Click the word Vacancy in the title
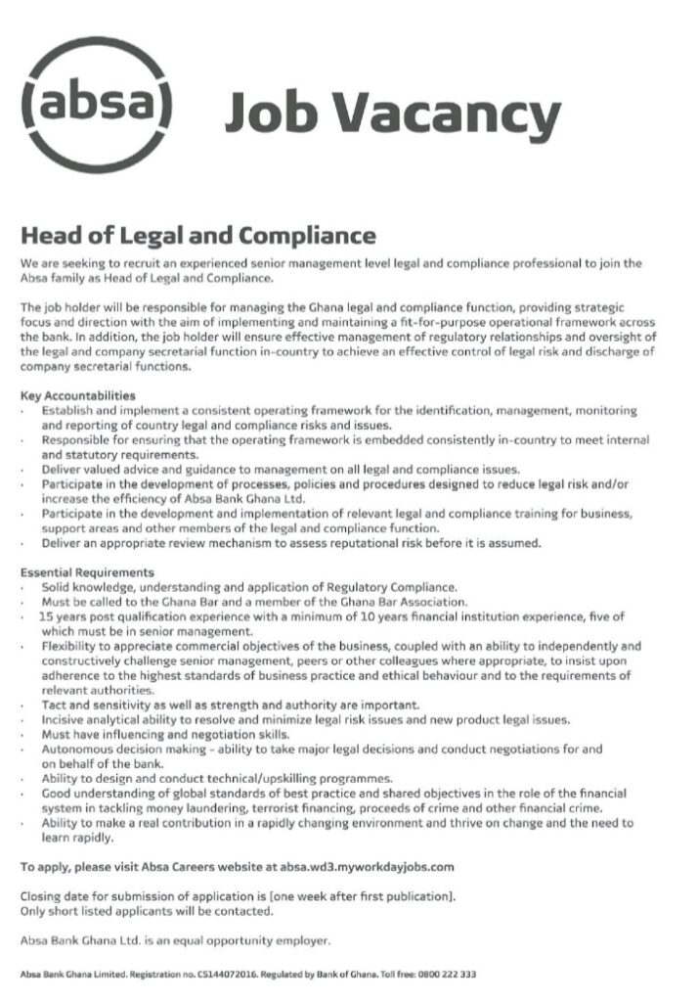(462, 115)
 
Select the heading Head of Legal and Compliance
(197, 236)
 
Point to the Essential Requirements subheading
(86, 571)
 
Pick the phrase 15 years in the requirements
(60, 616)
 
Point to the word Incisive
(62, 719)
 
